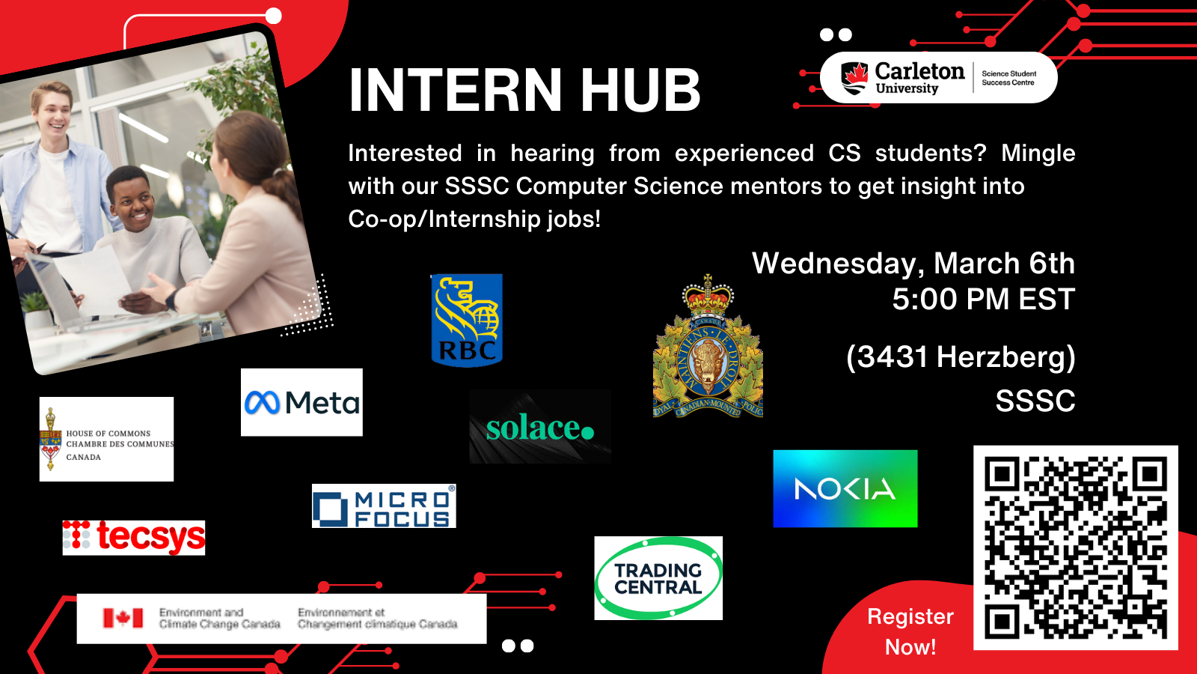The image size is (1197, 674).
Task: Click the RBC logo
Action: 467,320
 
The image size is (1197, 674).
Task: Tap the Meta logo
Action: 301,402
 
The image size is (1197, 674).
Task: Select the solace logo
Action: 540,427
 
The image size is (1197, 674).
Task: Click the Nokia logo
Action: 845,488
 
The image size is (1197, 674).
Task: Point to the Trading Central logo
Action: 658,578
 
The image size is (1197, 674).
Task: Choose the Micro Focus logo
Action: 384,506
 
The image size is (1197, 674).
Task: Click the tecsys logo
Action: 134,537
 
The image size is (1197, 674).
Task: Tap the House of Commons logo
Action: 106,440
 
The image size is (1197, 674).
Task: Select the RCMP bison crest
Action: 708,352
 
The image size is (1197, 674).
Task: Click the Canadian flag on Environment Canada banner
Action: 123,618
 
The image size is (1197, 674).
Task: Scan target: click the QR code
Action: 1075,547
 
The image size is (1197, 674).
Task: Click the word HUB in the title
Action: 640,91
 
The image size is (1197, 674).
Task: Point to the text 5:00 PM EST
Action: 983,300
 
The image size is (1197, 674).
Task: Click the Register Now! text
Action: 910,631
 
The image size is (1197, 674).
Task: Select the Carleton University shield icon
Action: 854,77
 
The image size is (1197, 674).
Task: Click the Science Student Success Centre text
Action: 1008,78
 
